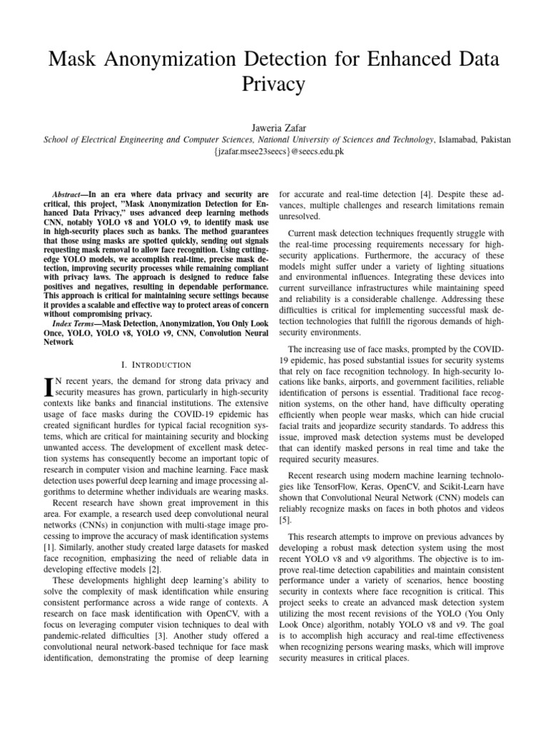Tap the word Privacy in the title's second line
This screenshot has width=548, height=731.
pos(274,85)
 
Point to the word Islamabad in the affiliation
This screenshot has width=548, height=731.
pos(443,139)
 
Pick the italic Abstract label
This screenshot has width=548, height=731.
pos(70,194)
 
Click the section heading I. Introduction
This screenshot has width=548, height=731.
pos(146,364)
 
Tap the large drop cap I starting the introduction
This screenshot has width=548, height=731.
pos(49,386)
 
